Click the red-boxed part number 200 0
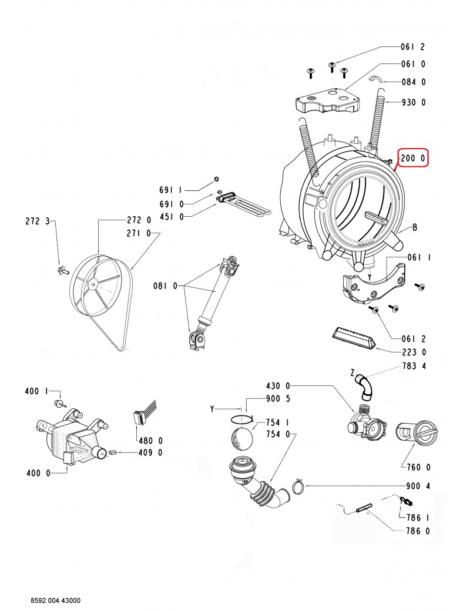tap(412, 158)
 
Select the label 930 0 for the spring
tap(414, 102)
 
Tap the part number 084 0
tap(414, 82)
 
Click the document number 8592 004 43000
tap(56, 600)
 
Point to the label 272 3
tap(38, 221)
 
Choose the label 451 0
tap(172, 217)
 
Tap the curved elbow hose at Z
tap(365, 387)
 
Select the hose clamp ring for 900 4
tap(299, 486)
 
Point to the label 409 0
tap(150, 452)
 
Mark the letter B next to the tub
tap(415, 227)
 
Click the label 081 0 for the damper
tap(165, 287)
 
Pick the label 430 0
tap(278, 386)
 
